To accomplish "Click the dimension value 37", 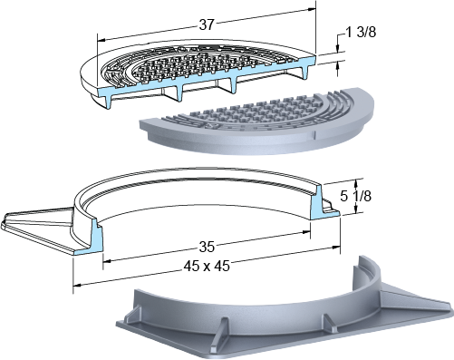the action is pos(207,24).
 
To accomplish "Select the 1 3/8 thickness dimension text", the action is pos(361,33).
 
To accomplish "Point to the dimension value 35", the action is pos(207,248).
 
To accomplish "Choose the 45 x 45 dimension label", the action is pos(207,266).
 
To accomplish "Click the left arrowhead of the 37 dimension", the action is pos(101,40).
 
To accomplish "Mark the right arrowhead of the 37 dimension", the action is pos(312,10).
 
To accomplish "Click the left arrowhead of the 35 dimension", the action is pos(107,261).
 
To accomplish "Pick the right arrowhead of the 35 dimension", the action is pos(306,232).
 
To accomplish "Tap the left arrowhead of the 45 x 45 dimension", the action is pos(78,285).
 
